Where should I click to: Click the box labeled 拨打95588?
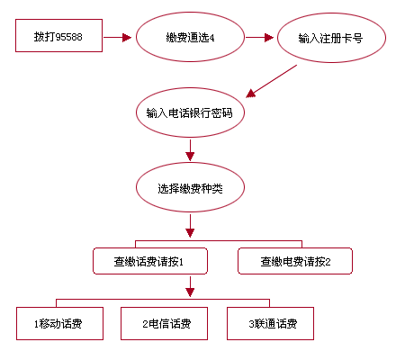point(58,35)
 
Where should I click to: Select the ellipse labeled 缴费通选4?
point(190,37)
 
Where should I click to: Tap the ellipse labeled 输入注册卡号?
point(331,38)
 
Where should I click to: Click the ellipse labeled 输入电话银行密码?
point(190,112)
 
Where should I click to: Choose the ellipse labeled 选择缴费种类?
point(190,187)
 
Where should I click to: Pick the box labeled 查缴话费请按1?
point(150,261)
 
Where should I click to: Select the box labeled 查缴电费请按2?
point(295,261)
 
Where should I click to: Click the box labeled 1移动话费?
point(59,323)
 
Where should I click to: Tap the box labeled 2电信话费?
point(164,323)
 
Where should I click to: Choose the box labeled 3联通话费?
point(270,323)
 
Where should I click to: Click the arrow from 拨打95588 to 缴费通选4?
point(118,38)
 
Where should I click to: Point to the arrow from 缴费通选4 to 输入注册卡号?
point(260,38)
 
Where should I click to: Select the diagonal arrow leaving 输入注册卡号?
point(272,81)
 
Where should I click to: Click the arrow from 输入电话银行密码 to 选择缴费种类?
point(190,150)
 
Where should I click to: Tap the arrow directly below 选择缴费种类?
point(190,226)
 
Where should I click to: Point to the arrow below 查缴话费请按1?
point(190,286)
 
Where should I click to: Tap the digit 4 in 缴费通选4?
point(211,38)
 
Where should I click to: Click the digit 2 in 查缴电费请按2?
point(328,262)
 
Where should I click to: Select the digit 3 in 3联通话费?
point(251,324)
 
